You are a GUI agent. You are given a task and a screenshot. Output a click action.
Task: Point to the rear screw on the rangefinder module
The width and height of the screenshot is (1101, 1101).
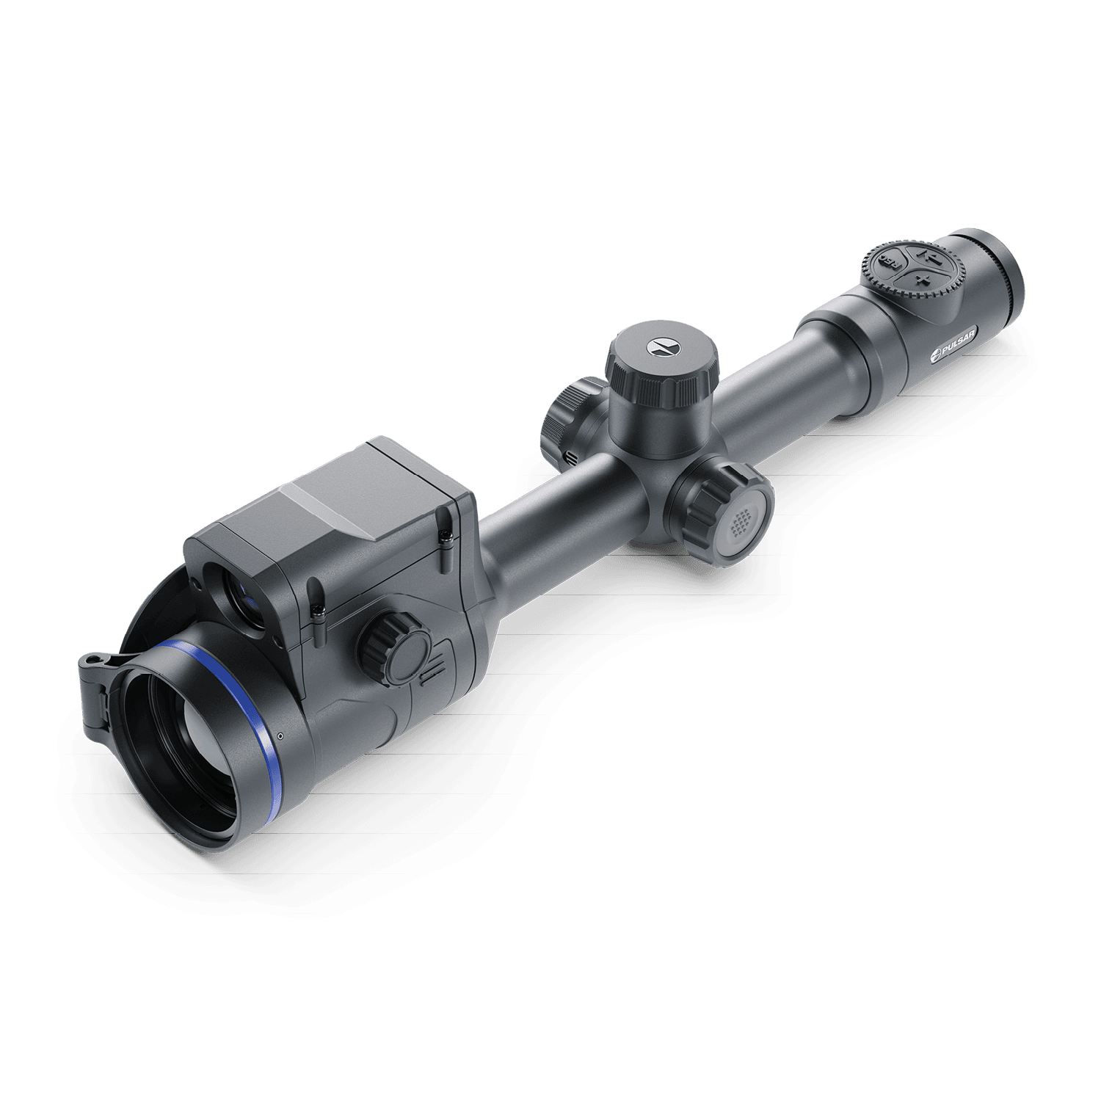point(445,536)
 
